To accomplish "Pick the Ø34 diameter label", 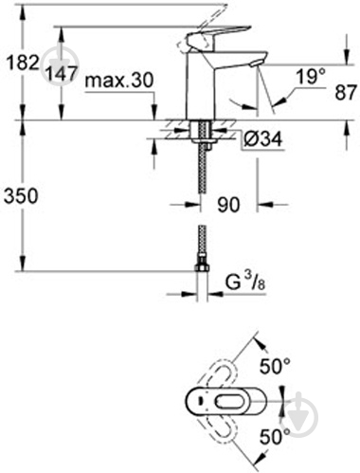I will (258, 140).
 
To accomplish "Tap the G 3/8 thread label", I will (244, 281).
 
